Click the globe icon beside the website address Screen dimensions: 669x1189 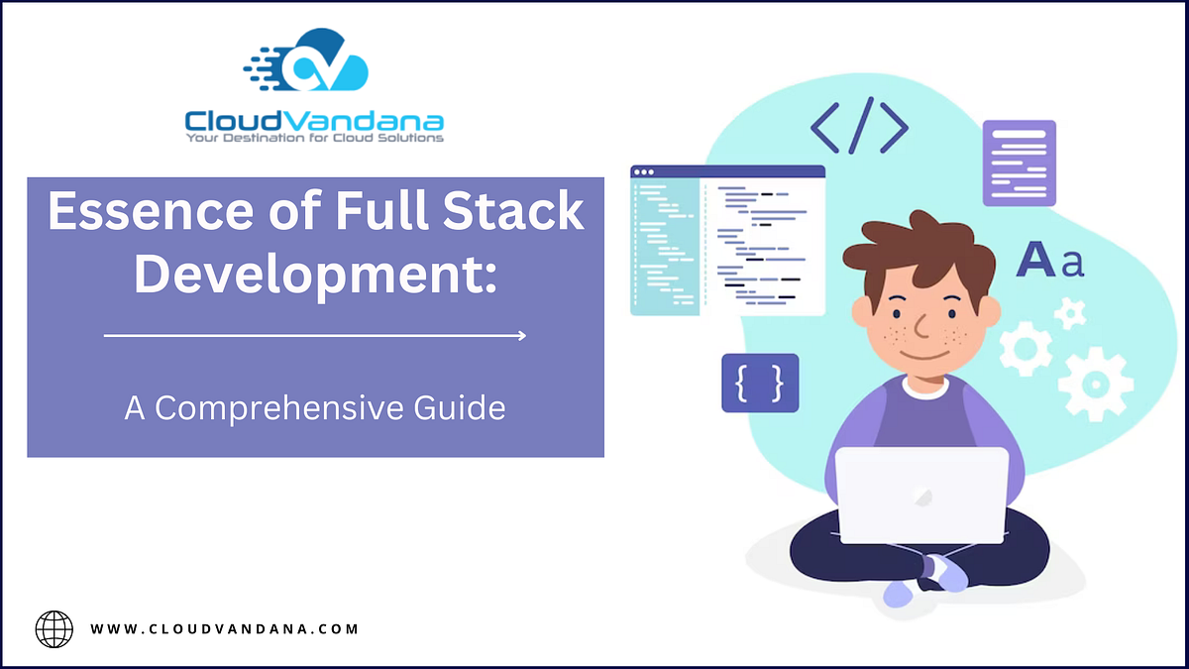coord(54,628)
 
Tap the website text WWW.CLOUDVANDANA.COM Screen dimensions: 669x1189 coord(224,628)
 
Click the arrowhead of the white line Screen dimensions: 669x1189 coord(521,336)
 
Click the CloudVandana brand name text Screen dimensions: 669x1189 coord(314,121)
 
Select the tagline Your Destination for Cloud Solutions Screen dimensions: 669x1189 coord(314,138)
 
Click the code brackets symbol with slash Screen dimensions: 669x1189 coord(859,126)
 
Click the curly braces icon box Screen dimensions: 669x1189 coord(760,383)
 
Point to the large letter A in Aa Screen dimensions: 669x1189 coord(1035,260)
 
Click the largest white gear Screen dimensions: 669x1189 coord(1095,383)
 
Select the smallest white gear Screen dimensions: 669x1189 coord(1069,314)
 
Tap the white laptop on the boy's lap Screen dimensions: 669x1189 coord(920,495)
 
